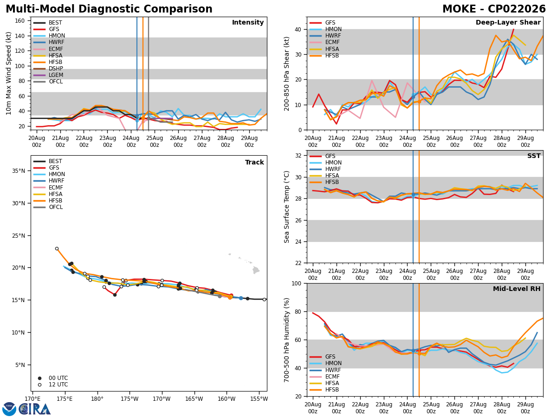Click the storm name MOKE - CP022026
tap(494, 9)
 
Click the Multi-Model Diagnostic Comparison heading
tap(109, 9)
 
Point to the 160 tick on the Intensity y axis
tap(19, 21)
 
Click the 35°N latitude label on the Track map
tap(19, 171)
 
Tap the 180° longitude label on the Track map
tap(97, 399)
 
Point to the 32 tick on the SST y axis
tap(298, 156)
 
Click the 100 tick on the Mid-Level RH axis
tap(297, 283)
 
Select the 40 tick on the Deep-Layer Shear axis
tap(298, 29)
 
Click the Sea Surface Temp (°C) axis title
tap(286, 207)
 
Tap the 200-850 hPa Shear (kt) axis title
tap(286, 74)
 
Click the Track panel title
tap(254, 162)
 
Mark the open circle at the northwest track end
tap(57, 249)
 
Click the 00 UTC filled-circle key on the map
tap(39, 378)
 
